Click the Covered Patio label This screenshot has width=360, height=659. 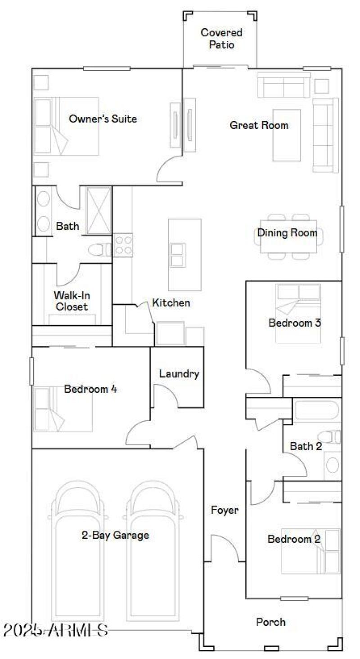coord(221,39)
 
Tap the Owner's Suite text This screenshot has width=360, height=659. coord(103,119)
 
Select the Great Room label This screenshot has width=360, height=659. coord(259,125)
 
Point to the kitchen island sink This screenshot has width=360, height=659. coord(177,255)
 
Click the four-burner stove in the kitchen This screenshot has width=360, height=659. coord(123,245)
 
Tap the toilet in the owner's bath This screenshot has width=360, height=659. coord(99,249)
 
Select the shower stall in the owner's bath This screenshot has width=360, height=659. coord(98,211)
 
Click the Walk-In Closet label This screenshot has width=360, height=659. coord(71,301)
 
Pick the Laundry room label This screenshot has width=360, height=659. coord(179,374)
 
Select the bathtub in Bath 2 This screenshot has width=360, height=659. coord(316,409)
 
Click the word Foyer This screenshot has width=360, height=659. coord(225,510)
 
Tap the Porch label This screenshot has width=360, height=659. coord(271,622)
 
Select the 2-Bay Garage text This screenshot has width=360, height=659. coord(115,535)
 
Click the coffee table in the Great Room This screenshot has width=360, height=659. coord(287,135)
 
